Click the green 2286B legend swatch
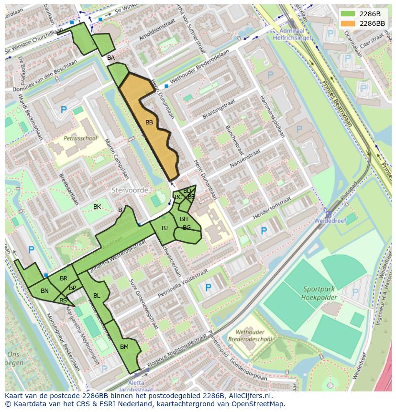tap(348, 14)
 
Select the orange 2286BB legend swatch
tap(348, 23)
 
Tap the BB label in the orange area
tap(149, 123)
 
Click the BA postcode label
tap(111, 58)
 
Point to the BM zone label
tap(124, 347)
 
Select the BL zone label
tap(97, 296)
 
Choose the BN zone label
tap(44, 291)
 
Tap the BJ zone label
tap(165, 228)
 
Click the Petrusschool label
tap(80, 138)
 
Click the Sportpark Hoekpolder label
tap(319, 293)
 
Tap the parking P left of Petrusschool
tap(64, 111)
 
